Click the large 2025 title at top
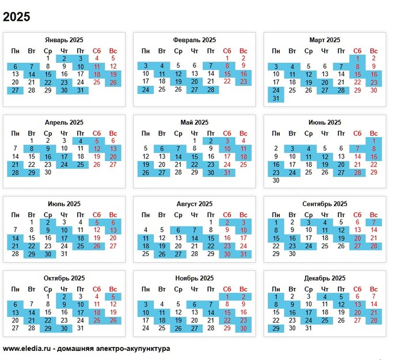tap(17, 17)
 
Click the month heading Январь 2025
tap(64, 40)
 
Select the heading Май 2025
tap(194, 123)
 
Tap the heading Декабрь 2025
tap(324, 278)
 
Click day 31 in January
tap(81, 90)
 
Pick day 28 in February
tap(211, 90)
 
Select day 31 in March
tap(276, 98)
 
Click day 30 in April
tap(48, 172)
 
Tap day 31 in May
tap(227, 172)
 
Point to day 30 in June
tap(276, 180)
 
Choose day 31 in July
tap(64, 253)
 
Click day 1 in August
tap(211, 221)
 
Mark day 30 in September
tap(292, 253)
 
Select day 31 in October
tap(81, 328)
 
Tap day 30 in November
tap(243, 328)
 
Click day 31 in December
tap(309, 328)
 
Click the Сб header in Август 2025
tap(227, 214)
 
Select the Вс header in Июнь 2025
tap(374, 133)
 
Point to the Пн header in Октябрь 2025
tap(15, 289)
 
